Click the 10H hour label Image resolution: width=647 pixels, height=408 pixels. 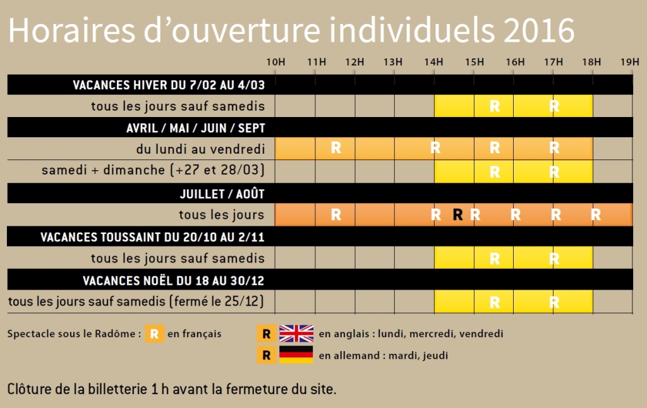pyautogui.click(x=275, y=62)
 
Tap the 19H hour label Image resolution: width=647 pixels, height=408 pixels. pyautogui.click(x=630, y=62)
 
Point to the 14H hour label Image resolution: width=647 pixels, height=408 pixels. pyautogui.click(x=433, y=62)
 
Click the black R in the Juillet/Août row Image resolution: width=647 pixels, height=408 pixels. pyautogui.click(x=457, y=214)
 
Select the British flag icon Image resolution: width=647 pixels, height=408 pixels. pyautogui.click(x=296, y=333)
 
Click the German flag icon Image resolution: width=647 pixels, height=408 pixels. pyautogui.click(x=296, y=355)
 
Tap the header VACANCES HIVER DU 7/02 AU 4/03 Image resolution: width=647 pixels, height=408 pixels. pyautogui.click(x=169, y=85)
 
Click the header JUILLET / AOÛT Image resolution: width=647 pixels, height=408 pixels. pyautogui.click(x=222, y=194)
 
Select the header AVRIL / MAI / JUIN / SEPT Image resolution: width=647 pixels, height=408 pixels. pyautogui.click(x=196, y=128)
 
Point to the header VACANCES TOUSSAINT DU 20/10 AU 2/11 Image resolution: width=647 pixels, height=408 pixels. pyautogui.click(x=152, y=237)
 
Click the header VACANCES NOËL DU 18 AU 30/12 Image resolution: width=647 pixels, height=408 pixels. pyautogui.click(x=173, y=281)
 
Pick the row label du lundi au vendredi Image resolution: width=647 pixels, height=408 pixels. pyautogui.click(x=200, y=149)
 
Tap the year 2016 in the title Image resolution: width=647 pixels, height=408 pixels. pyautogui.click(x=539, y=30)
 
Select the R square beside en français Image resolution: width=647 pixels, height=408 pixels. pyautogui.click(x=154, y=333)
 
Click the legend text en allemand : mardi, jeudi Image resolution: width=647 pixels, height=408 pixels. pyautogui.click(x=384, y=355)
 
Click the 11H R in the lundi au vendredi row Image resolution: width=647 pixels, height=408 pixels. pyautogui.click(x=336, y=148)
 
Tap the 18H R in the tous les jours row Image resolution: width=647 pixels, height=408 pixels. pyautogui.click(x=595, y=214)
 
